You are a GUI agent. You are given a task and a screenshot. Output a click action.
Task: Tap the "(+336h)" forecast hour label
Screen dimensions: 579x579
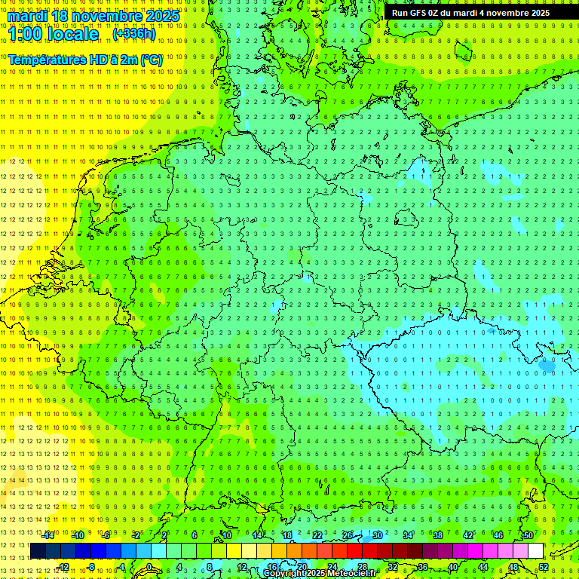click(133, 34)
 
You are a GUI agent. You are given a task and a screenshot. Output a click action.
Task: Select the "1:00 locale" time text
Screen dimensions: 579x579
click(54, 35)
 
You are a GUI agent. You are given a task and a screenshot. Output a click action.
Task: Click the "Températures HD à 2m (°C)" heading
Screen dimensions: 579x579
click(84, 59)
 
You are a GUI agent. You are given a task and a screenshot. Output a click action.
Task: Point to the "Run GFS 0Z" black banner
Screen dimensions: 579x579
click(470, 13)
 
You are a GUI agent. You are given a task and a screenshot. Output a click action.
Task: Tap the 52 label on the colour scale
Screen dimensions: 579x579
click(544, 567)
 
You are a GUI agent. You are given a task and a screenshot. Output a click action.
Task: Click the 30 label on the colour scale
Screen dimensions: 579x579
click(377, 535)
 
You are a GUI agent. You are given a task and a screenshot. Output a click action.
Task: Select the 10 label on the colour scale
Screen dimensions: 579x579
click(226, 535)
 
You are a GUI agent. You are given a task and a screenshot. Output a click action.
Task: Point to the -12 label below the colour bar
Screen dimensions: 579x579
click(63, 567)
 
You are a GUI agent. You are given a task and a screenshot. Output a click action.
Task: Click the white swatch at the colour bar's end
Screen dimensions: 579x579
click(535, 550)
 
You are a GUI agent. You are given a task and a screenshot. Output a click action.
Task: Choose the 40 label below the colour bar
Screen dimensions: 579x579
click(453, 567)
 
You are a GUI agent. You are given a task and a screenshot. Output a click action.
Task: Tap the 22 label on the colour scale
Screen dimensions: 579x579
click(317, 535)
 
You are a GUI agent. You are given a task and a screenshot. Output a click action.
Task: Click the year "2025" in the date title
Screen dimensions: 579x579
click(162, 16)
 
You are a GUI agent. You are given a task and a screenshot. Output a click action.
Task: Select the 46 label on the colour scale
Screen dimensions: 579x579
click(498, 535)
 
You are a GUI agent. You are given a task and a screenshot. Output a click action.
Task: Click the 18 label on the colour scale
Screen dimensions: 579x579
click(286, 535)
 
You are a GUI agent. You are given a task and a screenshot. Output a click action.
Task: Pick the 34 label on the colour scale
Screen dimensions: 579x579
click(407, 535)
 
